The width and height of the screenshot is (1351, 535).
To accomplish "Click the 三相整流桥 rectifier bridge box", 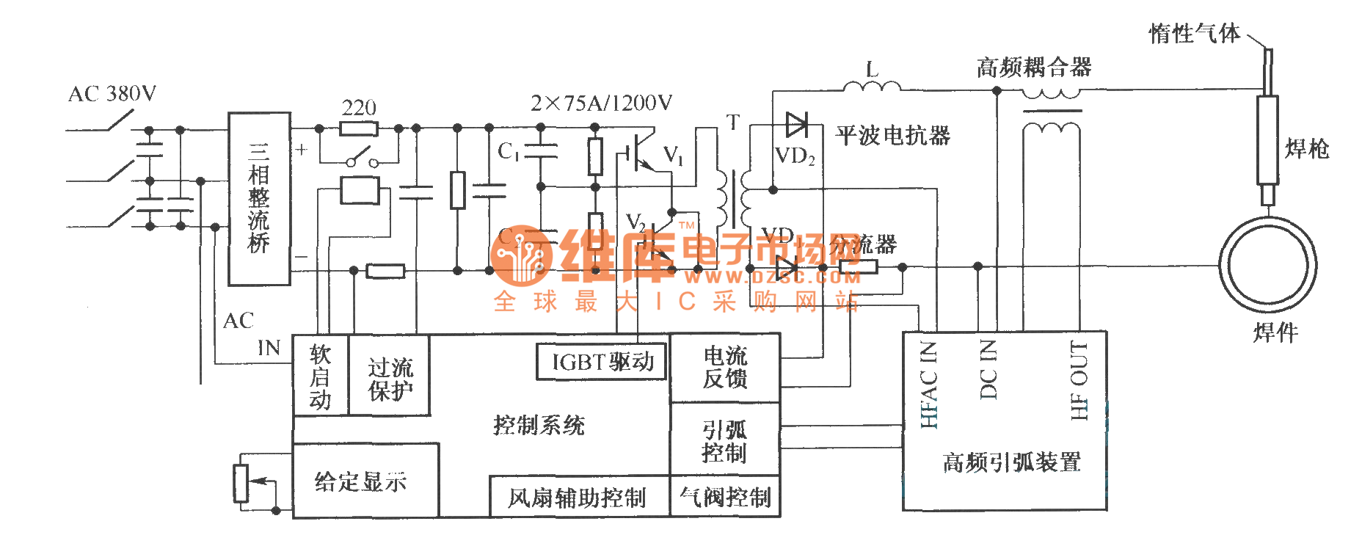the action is click(259, 198).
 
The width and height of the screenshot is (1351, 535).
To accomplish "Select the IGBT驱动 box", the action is click(602, 362).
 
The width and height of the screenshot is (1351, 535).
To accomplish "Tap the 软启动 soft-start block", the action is click(321, 376).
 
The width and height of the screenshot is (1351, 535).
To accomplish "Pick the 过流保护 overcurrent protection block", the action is click(390, 377).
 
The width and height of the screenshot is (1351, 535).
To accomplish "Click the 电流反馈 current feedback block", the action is click(725, 368).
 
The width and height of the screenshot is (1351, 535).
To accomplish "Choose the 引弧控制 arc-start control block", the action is click(724, 440).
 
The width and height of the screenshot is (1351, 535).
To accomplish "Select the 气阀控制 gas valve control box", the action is click(725, 497).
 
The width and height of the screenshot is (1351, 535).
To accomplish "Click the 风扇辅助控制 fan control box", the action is click(578, 498).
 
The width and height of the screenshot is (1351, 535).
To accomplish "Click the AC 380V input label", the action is click(112, 94).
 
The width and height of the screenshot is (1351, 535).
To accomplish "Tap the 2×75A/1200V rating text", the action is click(601, 103).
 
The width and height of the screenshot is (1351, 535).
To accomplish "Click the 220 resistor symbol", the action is click(359, 129).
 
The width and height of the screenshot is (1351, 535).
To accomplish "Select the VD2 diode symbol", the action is click(796, 125).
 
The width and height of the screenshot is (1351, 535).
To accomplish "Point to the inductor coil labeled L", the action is click(872, 88).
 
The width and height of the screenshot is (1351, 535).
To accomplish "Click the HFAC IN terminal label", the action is click(929, 385).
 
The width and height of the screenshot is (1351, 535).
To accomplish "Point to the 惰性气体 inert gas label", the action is click(1194, 33).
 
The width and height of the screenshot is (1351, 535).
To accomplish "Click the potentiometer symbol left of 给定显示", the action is click(241, 483).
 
